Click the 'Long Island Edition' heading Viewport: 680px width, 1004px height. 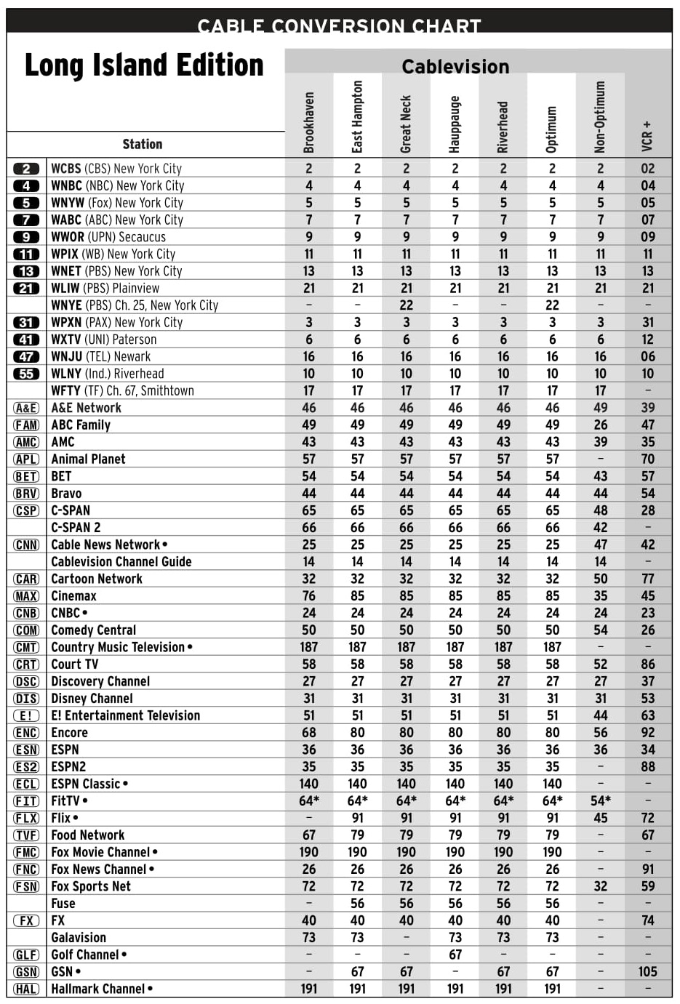[x=144, y=65]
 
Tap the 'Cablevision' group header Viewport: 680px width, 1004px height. [x=455, y=67]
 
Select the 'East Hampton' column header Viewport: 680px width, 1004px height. [x=357, y=116]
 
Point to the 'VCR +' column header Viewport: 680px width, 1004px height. [x=647, y=136]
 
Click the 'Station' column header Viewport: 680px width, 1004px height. [x=143, y=144]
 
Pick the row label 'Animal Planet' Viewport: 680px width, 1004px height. [x=88, y=459]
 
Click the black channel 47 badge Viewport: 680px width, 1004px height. [x=26, y=356]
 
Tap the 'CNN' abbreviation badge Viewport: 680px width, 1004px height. [x=26, y=545]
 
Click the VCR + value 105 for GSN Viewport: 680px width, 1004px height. [x=647, y=971]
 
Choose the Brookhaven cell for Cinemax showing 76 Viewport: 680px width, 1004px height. [x=309, y=595]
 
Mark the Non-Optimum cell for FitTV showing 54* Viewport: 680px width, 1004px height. [x=601, y=800]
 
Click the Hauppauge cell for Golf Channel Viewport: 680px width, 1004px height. [x=455, y=955]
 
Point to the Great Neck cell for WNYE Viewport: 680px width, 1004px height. [x=406, y=305]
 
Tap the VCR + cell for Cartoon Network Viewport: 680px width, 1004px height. [x=647, y=579]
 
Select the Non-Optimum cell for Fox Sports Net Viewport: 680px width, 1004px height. [x=601, y=886]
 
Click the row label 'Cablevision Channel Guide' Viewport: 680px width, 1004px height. [x=121, y=561]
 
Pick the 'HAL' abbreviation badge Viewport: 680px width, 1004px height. [x=26, y=989]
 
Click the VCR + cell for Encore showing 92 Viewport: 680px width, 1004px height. [x=647, y=732]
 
